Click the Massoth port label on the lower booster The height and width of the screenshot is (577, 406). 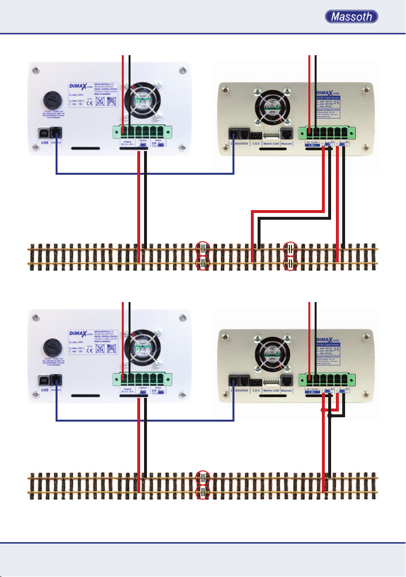(287, 390)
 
